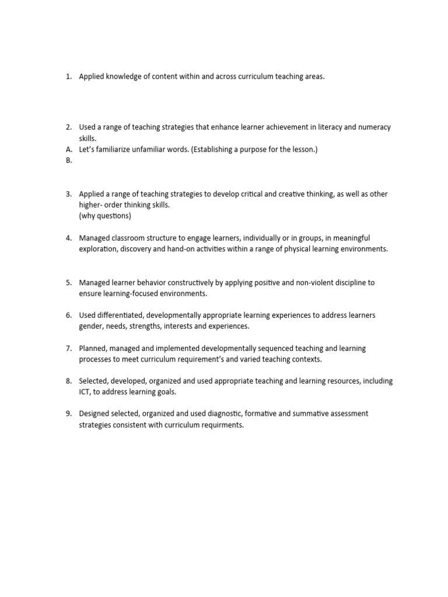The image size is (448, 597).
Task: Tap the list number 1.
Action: pos(68,77)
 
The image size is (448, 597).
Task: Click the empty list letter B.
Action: pos(68,160)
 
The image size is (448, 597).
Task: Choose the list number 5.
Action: pos(68,282)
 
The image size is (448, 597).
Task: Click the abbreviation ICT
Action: pos(85,392)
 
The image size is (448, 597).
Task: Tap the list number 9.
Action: pos(68,414)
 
